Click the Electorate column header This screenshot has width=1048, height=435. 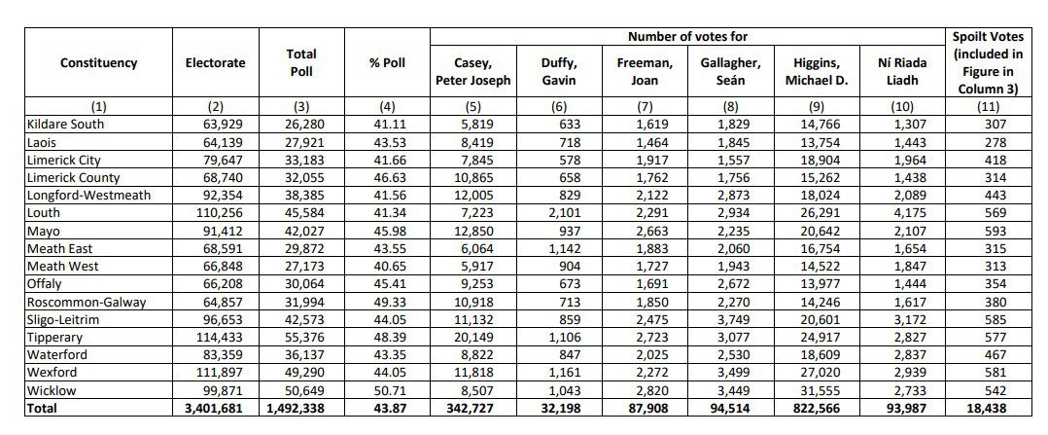pos(215,63)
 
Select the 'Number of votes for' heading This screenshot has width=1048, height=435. pos(687,37)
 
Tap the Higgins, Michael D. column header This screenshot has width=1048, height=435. pos(816,71)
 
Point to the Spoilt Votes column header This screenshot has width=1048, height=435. pos(988,63)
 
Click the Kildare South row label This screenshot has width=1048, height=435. pos(66,124)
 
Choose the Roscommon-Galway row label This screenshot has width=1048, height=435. pos(86,302)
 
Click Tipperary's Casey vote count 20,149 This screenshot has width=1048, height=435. pos(490,338)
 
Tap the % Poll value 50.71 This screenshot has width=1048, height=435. pos(386,390)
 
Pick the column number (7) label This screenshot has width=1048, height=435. pos(644,106)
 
